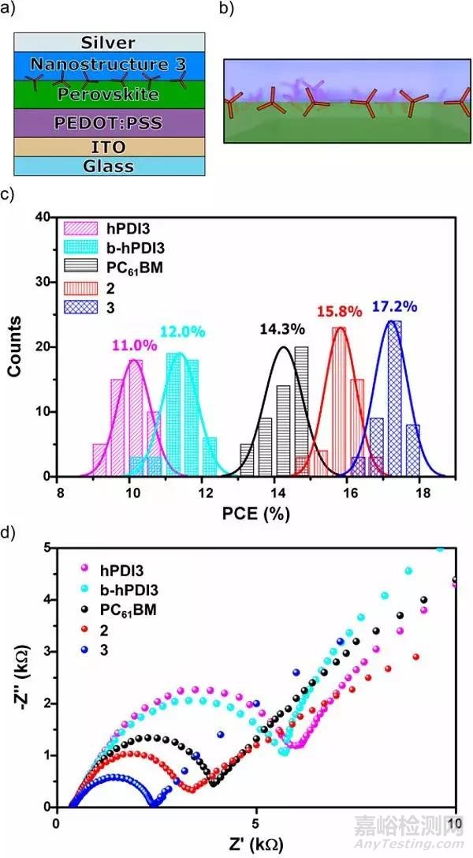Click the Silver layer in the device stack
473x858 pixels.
coord(110,42)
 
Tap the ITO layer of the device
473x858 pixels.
coord(110,147)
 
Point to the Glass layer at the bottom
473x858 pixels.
coord(110,166)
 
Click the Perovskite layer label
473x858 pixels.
coord(110,94)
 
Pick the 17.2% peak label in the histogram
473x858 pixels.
coord(391,307)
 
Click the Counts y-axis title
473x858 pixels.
coord(16,347)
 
